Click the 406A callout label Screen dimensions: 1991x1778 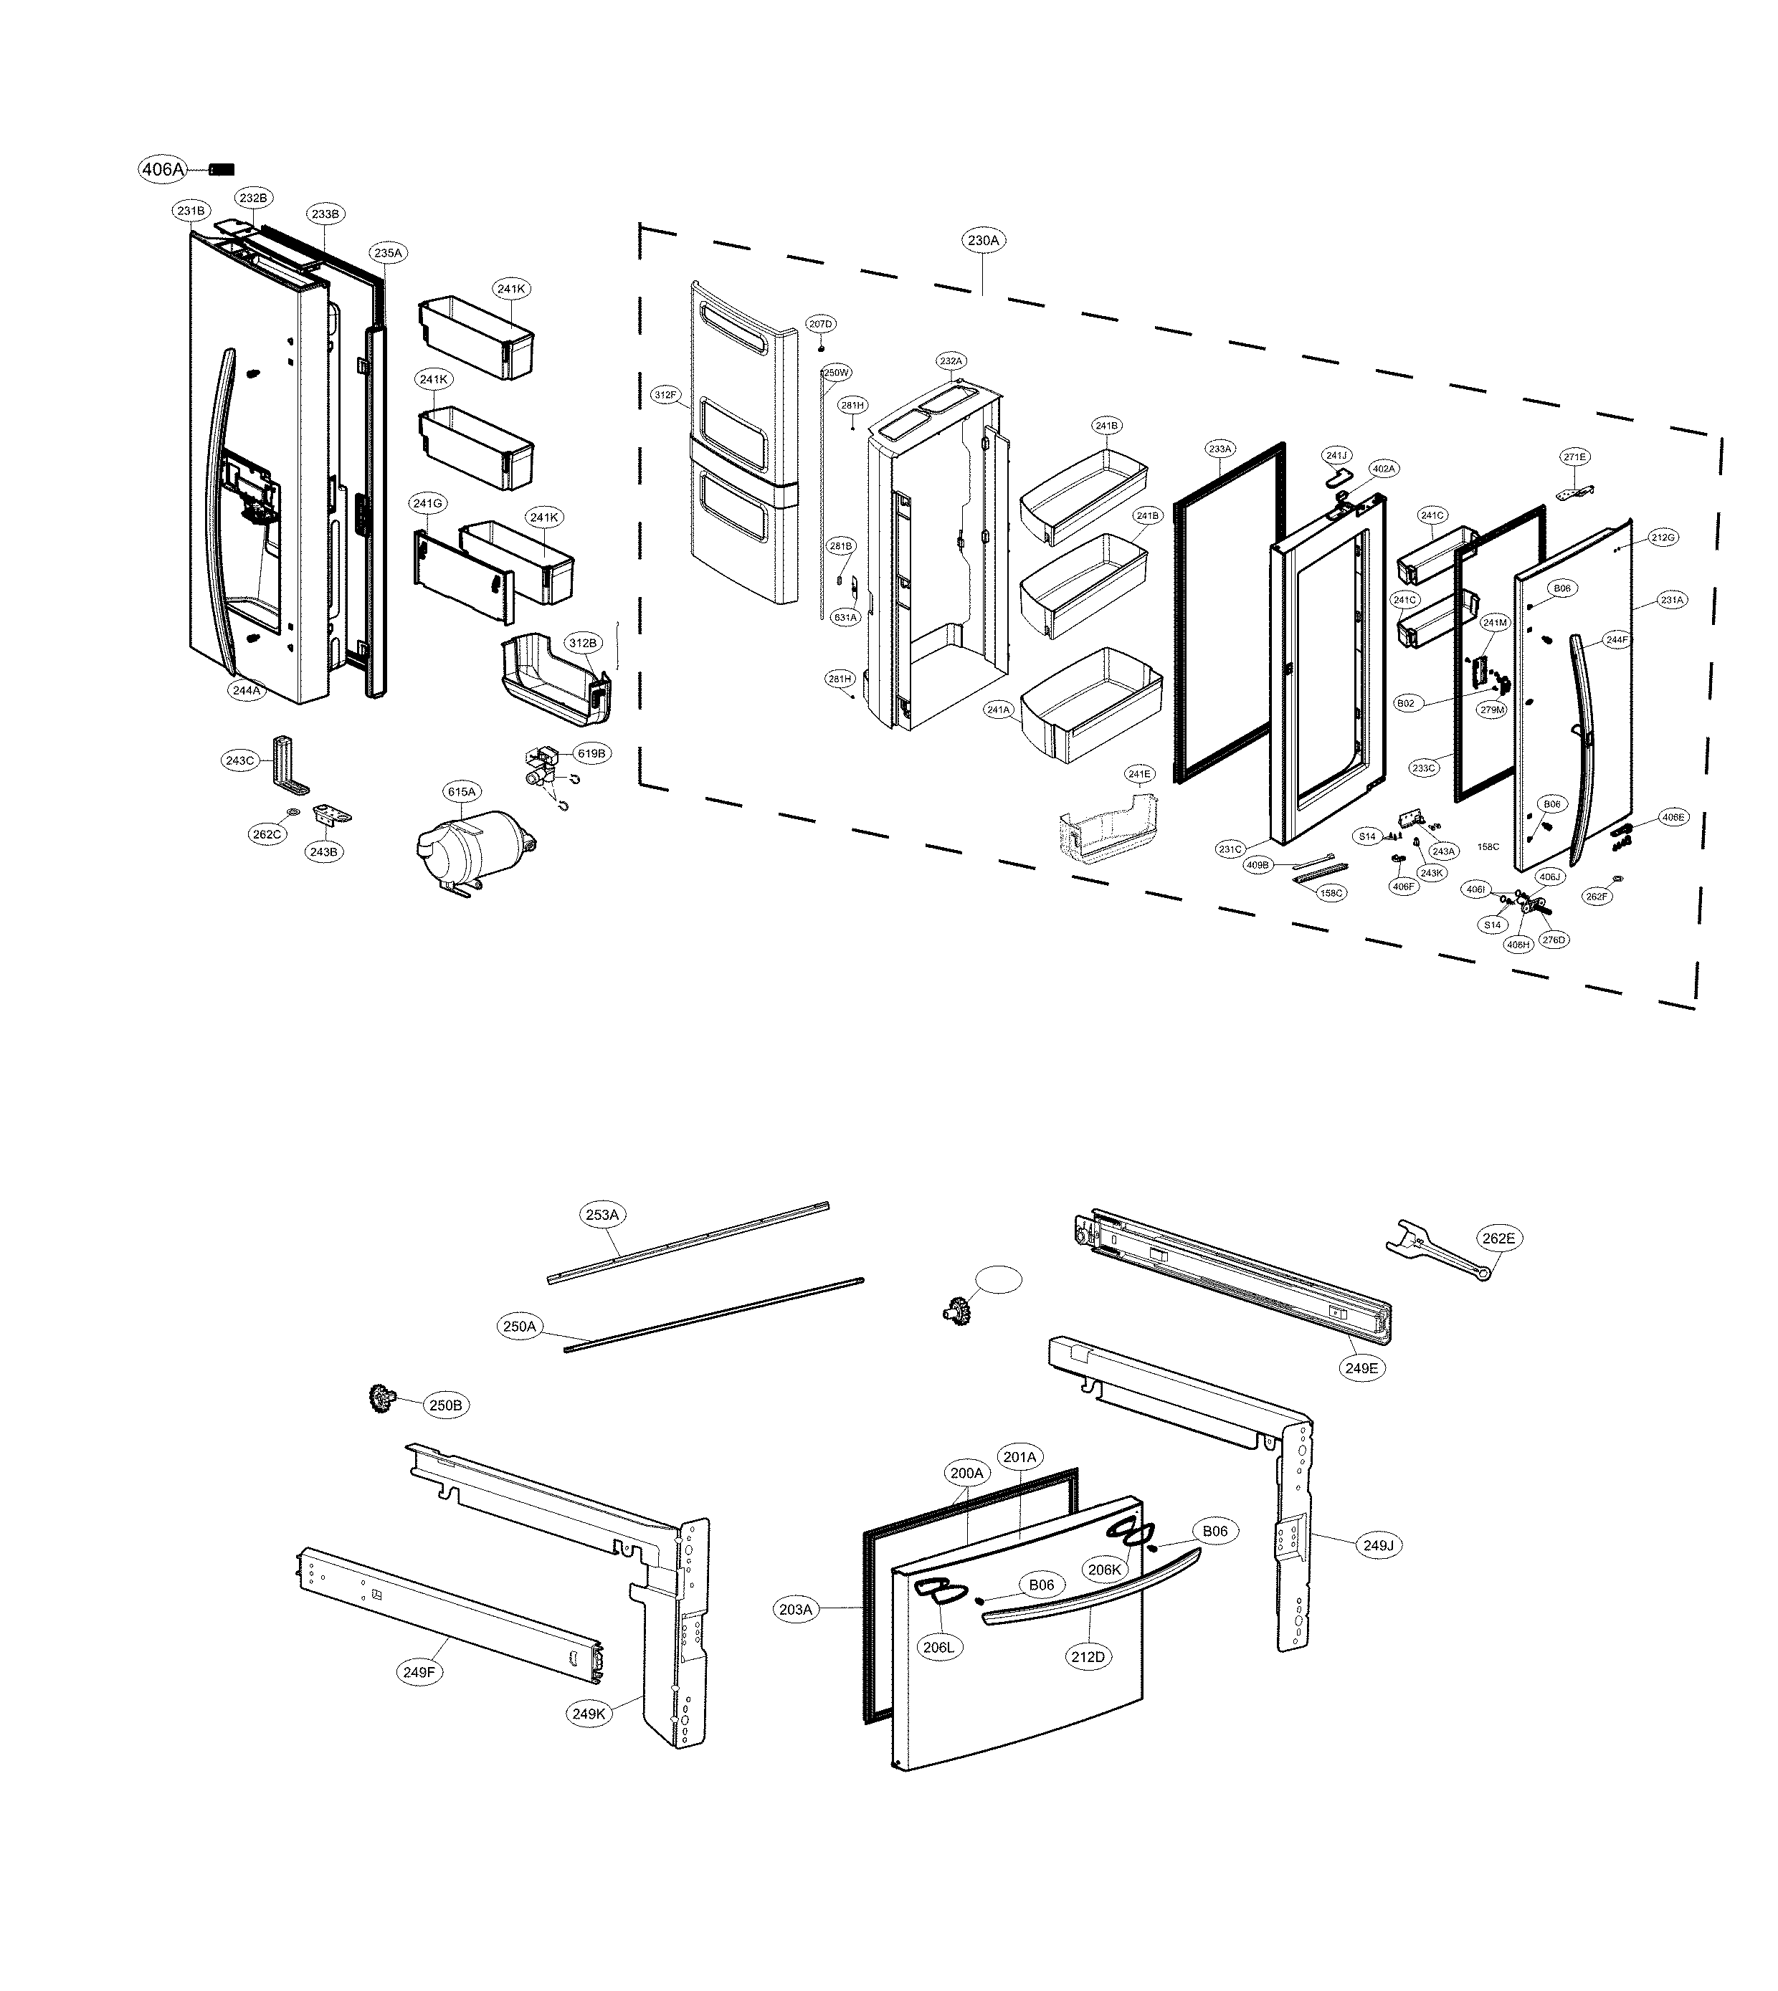[x=162, y=169]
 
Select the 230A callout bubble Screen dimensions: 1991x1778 [x=983, y=240]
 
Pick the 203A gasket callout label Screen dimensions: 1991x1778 [x=795, y=1609]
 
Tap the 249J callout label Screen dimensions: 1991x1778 [x=1379, y=1546]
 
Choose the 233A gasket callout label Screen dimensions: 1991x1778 [x=1220, y=449]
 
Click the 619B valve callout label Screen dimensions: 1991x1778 [x=591, y=754]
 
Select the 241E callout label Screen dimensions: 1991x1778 [x=1139, y=774]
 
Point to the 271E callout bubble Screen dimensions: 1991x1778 [x=1574, y=457]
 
